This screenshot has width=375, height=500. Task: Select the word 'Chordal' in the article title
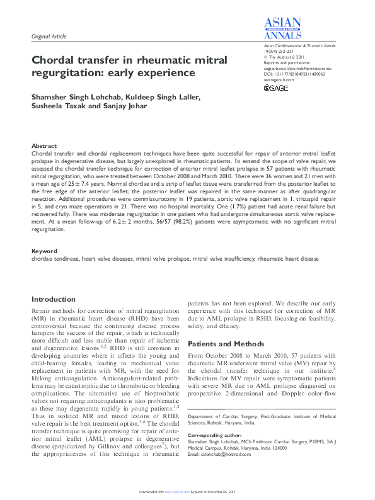57,61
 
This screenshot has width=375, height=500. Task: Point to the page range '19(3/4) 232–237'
278,52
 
